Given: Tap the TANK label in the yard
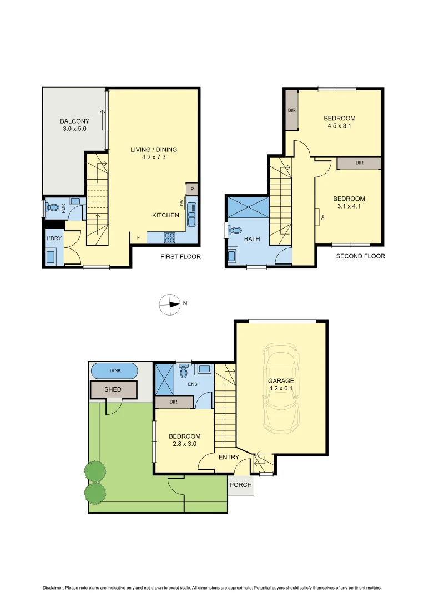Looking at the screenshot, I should [114, 370].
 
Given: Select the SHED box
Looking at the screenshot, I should [113, 389].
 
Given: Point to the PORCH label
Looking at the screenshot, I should [240, 485].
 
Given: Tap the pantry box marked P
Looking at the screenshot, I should [192, 189].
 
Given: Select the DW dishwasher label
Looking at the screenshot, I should [182, 202].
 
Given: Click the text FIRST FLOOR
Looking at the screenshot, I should [180, 257].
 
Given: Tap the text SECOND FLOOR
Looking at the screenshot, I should [360, 256].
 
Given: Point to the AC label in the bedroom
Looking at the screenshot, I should [322, 217].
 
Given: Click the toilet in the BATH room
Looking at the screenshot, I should [235, 230].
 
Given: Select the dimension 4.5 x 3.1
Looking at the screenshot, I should [339, 126].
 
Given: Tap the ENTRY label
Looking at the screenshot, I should [229, 457].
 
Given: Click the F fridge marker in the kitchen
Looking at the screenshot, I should [138, 237].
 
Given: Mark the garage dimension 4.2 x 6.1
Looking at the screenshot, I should [281, 389].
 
